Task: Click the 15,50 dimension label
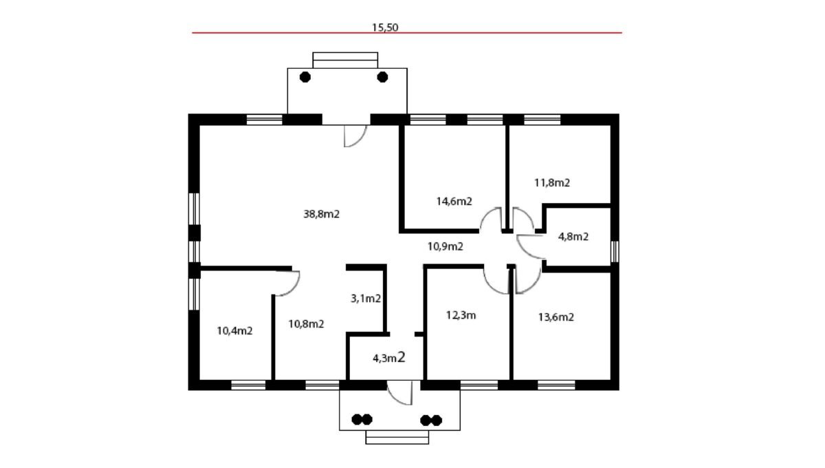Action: tap(385, 28)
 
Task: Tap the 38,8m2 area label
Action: tap(321, 214)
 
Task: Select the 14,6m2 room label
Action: tap(454, 202)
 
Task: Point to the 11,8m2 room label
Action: tap(552, 182)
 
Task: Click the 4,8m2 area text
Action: tap(573, 237)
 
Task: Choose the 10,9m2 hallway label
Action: tap(445, 246)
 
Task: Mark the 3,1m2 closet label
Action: tap(366, 299)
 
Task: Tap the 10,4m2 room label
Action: tap(234, 331)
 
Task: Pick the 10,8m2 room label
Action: tap(306, 324)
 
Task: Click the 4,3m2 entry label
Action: tap(389, 357)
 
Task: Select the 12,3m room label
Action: tap(461, 315)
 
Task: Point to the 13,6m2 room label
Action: tap(556, 317)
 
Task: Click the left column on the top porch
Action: tap(305, 77)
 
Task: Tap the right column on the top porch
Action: tap(383, 77)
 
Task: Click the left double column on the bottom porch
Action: tap(362, 419)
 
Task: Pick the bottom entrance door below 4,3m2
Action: tap(399, 393)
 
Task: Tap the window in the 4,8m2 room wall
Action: tap(615, 251)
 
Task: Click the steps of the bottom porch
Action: tap(397, 437)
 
